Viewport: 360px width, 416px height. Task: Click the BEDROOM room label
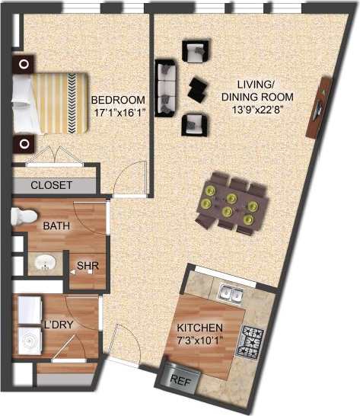pyautogui.click(x=118, y=100)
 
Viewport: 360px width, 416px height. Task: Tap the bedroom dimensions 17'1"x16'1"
pyautogui.click(x=118, y=113)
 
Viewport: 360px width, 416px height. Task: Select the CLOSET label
pyautogui.click(x=52, y=185)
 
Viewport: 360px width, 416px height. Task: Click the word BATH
pyautogui.click(x=56, y=226)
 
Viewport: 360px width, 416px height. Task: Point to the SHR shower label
pyautogui.click(x=87, y=266)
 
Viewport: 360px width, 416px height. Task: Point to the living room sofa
pyautogui.click(x=165, y=85)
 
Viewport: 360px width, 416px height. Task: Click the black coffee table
pyautogui.click(x=198, y=88)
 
